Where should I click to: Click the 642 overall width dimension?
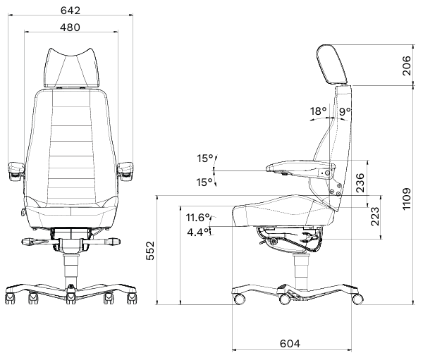click(x=70, y=11)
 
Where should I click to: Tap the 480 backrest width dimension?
click(x=70, y=27)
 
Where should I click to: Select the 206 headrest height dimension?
click(x=407, y=66)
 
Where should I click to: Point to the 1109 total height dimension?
click(x=407, y=199)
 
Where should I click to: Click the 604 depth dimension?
click(x=290, y=344)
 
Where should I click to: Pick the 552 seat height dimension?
click(x=150, y=251)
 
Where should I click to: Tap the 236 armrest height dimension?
click(x=360, y=183)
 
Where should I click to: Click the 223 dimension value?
click(x=375, y=216)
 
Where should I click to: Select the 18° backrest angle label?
click(x=319, y=111)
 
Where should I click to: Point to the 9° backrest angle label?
click(x=345, y=111)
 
